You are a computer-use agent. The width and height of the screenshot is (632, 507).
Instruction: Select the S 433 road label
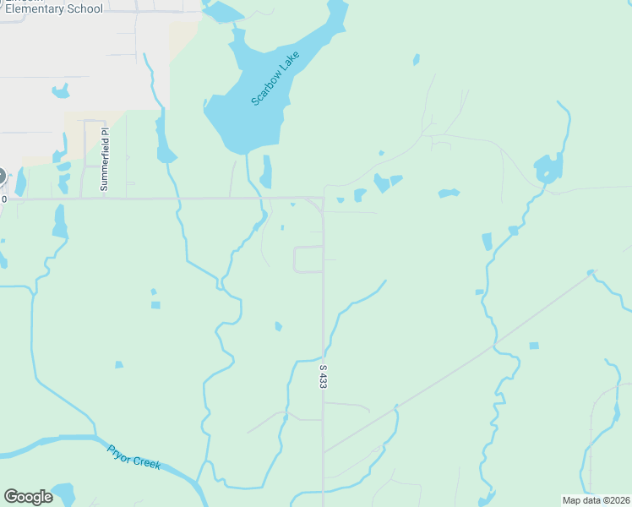point(323,376)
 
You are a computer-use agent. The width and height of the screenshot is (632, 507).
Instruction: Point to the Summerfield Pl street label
point(105,159)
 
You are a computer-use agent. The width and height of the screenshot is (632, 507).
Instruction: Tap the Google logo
point(28,497)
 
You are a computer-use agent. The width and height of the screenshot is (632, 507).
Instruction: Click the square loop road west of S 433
point(308,259)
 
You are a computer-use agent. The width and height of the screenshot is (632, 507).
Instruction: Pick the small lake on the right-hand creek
point(548,168)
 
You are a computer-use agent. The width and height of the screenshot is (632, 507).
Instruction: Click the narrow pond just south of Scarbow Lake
point(267,172)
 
